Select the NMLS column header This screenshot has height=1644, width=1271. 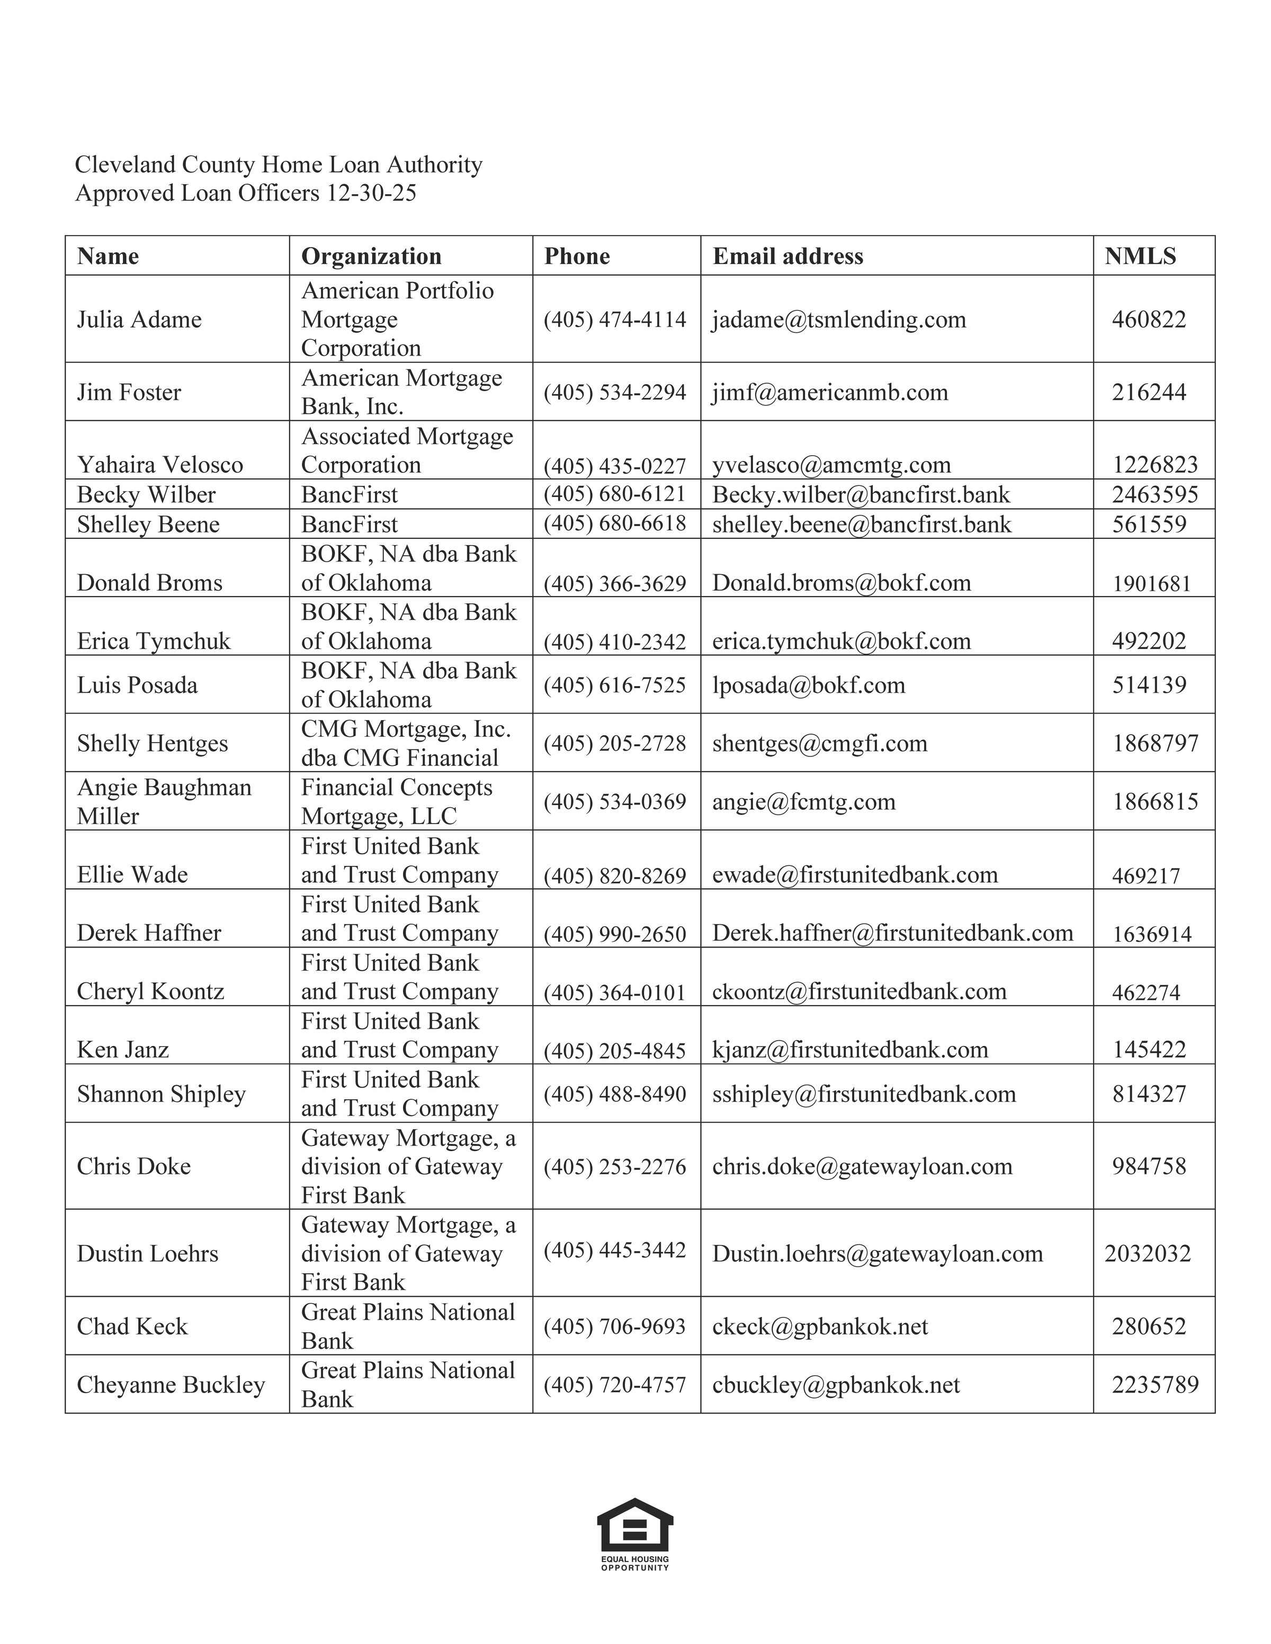1140,256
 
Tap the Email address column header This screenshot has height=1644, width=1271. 787,256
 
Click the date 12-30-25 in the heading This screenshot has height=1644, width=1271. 371,193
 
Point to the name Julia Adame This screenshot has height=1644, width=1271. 139,319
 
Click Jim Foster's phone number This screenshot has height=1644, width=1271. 614,392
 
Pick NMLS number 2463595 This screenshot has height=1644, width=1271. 1154,494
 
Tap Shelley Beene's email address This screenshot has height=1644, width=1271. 862,524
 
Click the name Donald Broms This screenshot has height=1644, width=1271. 150,583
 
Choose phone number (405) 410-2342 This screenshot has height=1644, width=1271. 614,642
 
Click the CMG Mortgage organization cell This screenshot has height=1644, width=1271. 406,743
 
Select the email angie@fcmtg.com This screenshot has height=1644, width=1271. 803,802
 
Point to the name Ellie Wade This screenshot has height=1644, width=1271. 132,875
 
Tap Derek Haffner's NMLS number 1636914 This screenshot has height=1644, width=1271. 1152,934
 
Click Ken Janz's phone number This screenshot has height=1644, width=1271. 614,1050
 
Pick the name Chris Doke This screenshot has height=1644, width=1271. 134,1166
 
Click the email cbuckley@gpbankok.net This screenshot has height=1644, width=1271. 836,1385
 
